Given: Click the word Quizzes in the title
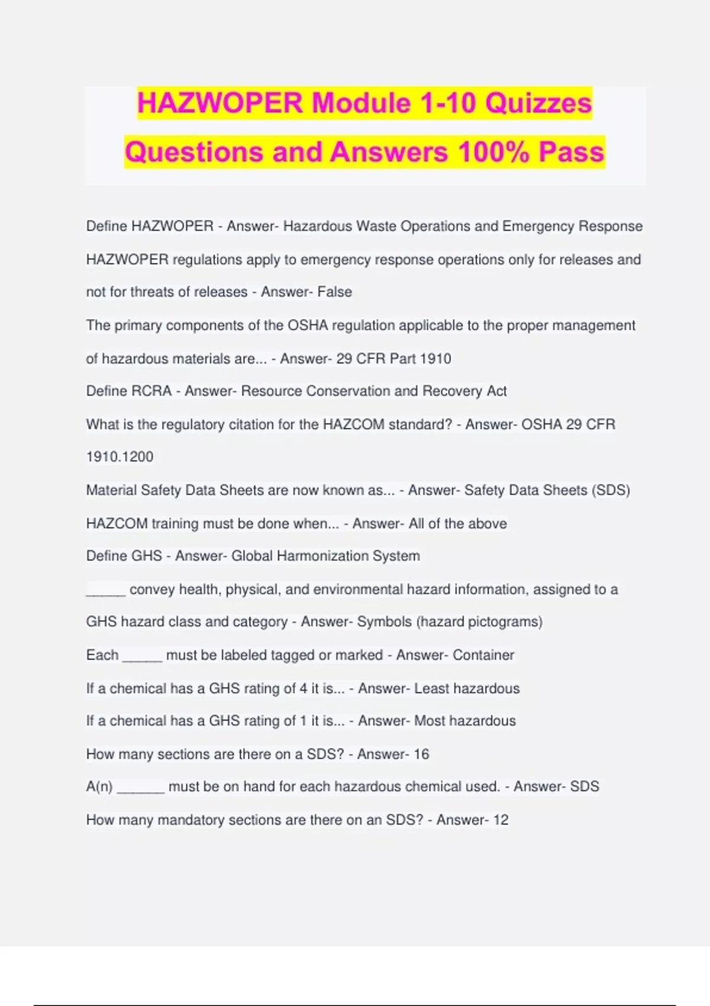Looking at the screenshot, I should (538, 103).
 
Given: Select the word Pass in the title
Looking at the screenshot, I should (571, 152).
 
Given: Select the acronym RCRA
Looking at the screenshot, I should (154, 391).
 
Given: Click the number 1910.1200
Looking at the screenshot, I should (120, 457).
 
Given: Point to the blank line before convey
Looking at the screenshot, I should (105, 591).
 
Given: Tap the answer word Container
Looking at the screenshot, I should (483, 655).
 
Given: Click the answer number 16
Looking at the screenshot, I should (421, 754).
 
